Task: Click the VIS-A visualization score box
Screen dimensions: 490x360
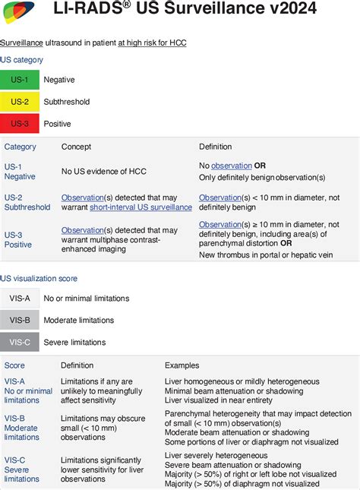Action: (20, 299)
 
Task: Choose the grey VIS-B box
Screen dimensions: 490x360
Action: (20, 321)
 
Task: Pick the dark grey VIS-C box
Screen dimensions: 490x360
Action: (20, 343)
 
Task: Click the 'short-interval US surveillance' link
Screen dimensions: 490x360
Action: (141, 207)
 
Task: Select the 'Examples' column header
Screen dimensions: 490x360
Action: (182, 365)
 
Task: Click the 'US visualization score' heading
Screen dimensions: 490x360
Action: (39, 279)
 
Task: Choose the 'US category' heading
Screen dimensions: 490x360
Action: (22, 59)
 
